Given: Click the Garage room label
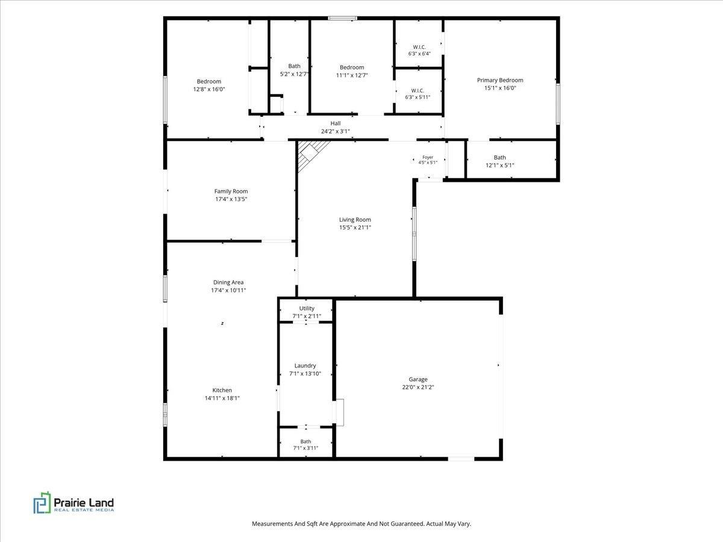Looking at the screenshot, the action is (x=418, y=379).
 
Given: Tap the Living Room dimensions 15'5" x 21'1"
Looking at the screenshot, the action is (x=355, y=228).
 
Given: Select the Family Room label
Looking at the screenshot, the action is (x=231, y=191).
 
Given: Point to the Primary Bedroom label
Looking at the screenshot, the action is (x=500, y=80).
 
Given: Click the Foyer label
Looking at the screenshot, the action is (x=428, y=157).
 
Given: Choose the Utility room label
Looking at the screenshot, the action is (x=307, y=308).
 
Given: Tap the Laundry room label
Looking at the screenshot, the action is (x=305, y=366).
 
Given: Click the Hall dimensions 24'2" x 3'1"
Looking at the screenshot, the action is (x=336, y=131).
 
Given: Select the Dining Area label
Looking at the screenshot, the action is (x=228, y=282).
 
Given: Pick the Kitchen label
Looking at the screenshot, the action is (x=222, y=390).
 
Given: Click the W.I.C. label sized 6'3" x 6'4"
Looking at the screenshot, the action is (x=419, y=47).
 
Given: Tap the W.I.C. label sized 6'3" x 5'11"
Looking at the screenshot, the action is (x=418, y=90).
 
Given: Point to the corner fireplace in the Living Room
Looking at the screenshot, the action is (x=311, y=155).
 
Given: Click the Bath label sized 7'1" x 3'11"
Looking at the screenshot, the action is (x=305, y=441).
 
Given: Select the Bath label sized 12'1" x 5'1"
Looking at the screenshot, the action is (x=499, y=158).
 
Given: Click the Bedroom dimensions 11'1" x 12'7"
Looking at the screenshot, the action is (x=352, y=75).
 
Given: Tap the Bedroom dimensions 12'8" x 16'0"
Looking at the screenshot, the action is (x=209, y=89).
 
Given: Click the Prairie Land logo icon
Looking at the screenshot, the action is (x=42, y=502).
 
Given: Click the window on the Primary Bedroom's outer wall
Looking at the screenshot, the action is (x=558, y=104).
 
